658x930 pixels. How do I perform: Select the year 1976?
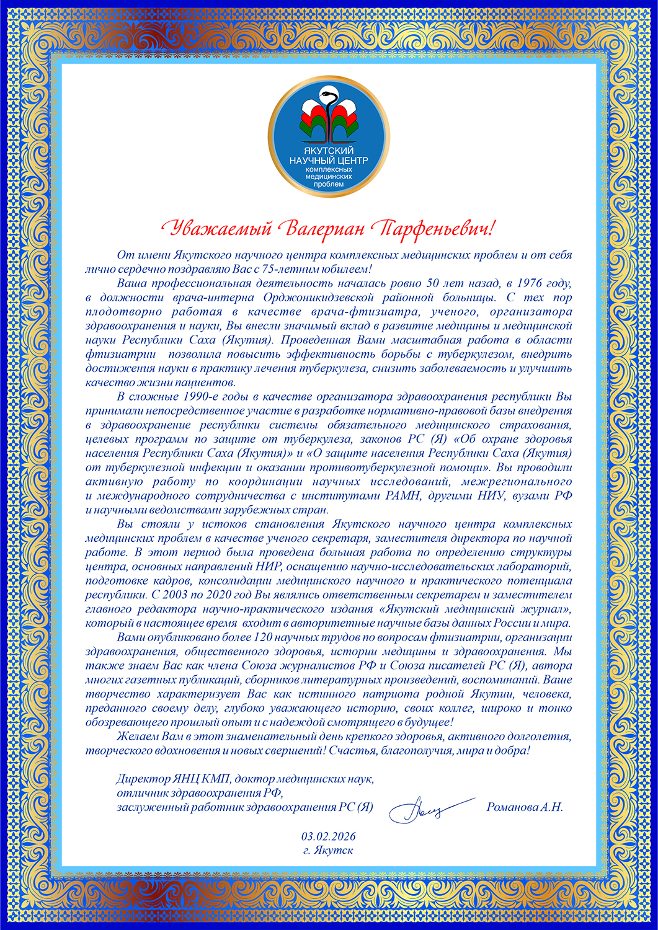[x=527, y=283]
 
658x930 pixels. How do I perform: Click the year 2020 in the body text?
[x=222, y=593]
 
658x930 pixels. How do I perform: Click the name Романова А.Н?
[x=525, y=807]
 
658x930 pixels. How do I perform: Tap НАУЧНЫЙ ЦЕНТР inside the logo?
[x=329, y=161]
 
